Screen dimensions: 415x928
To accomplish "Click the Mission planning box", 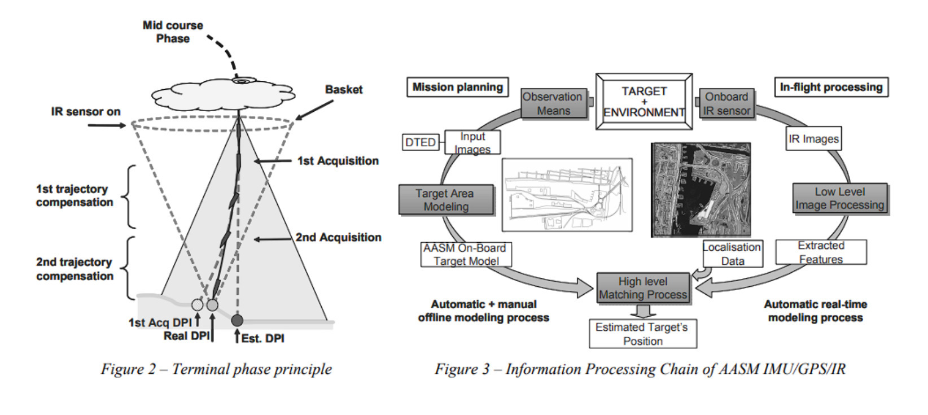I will pyautogui.click(x=457, y=87).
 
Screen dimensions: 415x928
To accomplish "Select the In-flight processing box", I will pyautogui.click(x=831, y=87).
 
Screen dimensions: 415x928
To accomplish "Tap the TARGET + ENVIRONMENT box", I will pyautogui.click(x=644, y=102).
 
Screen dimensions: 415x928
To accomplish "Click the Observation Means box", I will pyautogui.click(x=553, y=104).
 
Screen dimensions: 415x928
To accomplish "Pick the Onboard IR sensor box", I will pyautogui.click(x=726, y=104).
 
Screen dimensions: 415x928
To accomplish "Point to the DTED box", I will pyautogui.click(x=421, y=142).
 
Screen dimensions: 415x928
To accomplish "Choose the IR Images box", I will pyautogui.click(x=813, y=139).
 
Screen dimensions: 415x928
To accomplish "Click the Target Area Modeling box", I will pyautogui.click(x=446, y=200).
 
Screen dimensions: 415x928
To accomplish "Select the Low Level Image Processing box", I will pyautogui.click(x=839, y=199).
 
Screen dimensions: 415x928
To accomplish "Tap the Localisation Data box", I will pyautogui.click(x=732, y=254).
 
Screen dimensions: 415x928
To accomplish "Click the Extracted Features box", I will pyautogui.click(x=821, y=252).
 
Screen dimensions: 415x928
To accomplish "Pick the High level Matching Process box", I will pyautogui.click(x=643, y=288).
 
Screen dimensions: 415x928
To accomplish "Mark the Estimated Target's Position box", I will pyautogui.click(x=642, y=334).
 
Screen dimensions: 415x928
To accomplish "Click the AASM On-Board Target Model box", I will pyautogui.click(x=466, y=255).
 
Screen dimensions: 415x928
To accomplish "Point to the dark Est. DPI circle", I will pyautogui.click(x=237, y=321).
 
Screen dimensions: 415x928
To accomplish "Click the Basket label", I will pyautogui.click(x=344, y=90).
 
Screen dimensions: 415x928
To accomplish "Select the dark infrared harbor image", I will pyautogui.click(x=701, y=189).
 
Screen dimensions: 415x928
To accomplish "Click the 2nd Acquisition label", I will pyautogui.click(x=338, y=238).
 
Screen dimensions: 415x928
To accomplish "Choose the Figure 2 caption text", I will pyautogui.click(x=216, y=369).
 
